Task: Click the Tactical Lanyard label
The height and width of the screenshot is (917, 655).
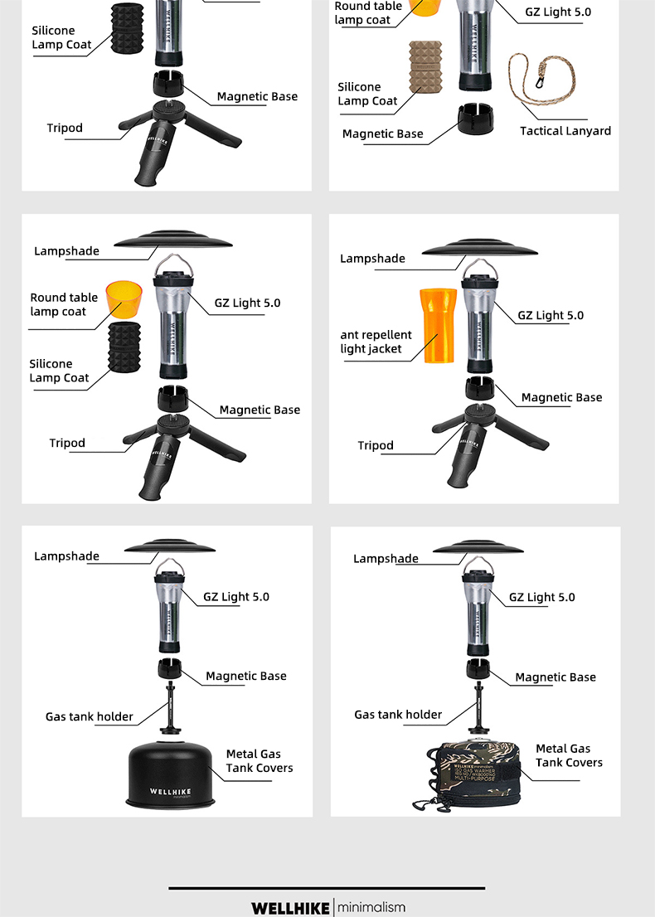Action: coord(565,131)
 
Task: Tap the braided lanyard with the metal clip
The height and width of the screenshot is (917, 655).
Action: coord(531,84)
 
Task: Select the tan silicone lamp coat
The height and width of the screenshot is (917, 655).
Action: coord(426,68)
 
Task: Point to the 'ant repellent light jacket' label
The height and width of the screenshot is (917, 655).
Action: coord(376,342)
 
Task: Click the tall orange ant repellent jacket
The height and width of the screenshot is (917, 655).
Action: coord(437,326)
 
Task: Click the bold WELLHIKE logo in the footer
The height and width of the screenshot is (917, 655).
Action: coord(290,908)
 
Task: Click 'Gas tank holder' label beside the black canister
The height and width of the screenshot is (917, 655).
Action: coord(89,716)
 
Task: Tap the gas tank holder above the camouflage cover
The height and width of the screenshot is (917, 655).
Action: coord(478,706)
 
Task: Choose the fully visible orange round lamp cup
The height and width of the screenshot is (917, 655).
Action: coord(124,300)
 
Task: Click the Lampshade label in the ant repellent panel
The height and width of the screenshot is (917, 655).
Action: coord(372,259)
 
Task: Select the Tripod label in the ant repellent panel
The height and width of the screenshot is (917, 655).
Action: coord(376,446)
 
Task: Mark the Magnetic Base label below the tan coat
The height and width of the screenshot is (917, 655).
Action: coord(382,134)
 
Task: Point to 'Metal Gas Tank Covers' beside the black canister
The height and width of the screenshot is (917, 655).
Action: coord(260,761)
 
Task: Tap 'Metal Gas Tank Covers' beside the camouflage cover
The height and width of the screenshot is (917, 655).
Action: coord(569,756)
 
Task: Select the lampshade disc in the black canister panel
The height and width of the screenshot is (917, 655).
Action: coord(169,547)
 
